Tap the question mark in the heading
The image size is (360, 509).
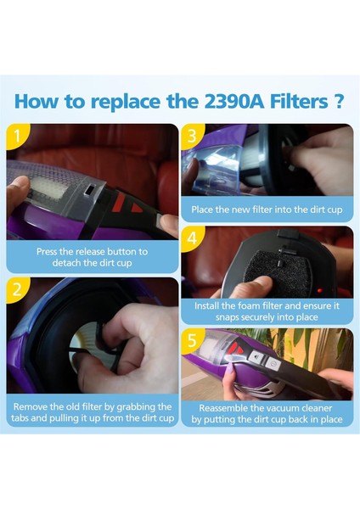click(338, 101)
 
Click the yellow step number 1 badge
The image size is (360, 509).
click(17, 136)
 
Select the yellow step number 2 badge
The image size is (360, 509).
click(17, 289)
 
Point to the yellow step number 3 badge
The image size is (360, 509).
click(192, 136)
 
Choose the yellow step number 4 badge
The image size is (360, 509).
click(192, 238)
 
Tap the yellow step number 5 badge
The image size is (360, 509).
click(192, 341)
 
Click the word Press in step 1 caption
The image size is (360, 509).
click(47, 252)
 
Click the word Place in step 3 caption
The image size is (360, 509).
click(202, 210)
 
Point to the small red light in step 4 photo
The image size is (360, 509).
click(320, 290)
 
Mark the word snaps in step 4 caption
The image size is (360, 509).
click(227, 317)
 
